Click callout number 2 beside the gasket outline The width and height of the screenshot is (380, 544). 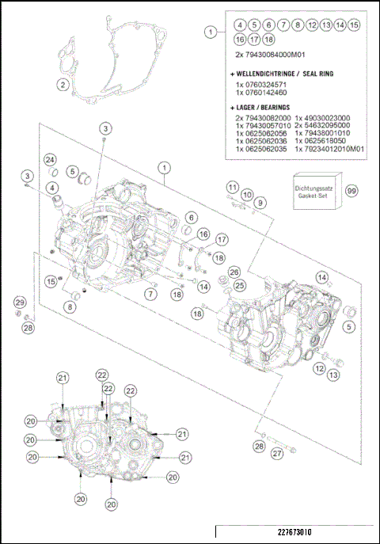62,85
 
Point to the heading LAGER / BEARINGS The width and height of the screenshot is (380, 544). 262,106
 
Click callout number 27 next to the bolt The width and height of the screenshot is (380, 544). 276,454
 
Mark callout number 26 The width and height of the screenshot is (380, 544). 234,272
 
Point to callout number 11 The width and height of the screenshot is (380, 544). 232,187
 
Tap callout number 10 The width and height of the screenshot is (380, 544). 246,194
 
